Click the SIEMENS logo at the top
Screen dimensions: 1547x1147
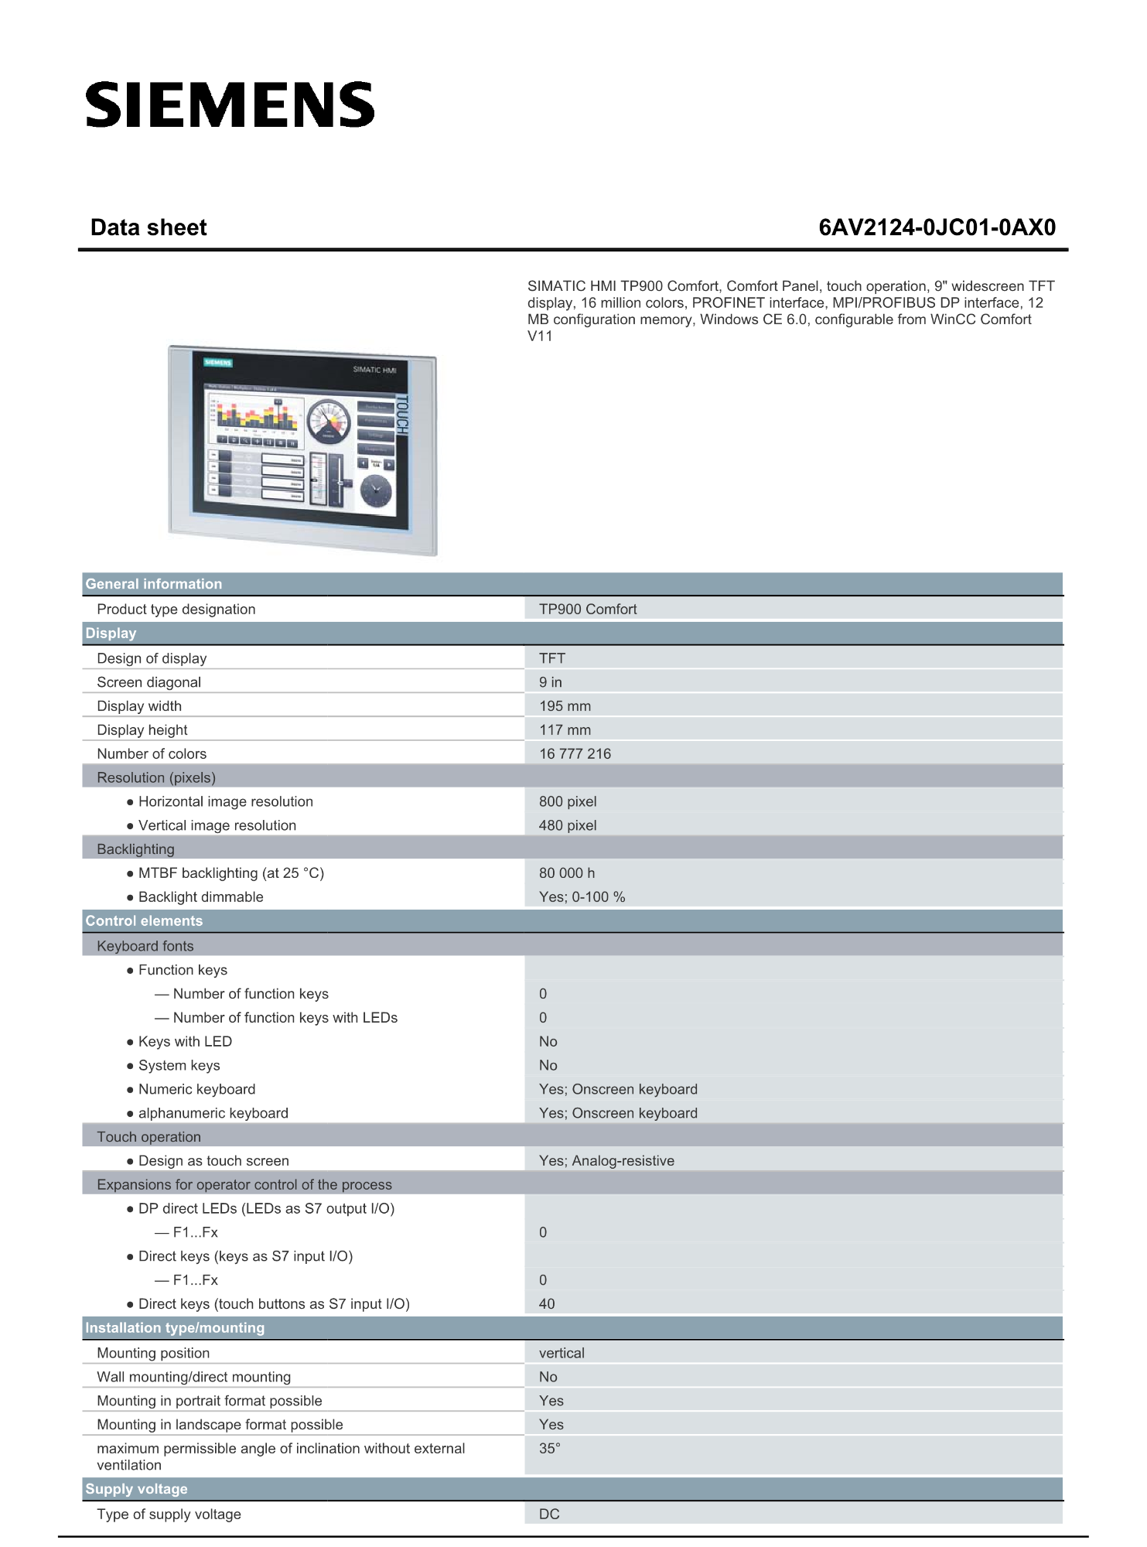coord(230,105)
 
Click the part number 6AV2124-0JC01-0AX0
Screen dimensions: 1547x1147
coord(937,227)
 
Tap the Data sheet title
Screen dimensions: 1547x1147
coord(148,227)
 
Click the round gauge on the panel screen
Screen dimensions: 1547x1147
coord(329,421)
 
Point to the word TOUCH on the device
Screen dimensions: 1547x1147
coord(401,415)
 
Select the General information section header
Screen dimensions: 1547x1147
coord(153,584)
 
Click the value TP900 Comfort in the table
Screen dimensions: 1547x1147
coord(588,610)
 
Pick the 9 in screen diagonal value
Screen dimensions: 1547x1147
coord(551,682)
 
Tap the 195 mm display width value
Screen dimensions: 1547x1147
coord(565,706)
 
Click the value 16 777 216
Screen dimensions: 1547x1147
coord(575,754)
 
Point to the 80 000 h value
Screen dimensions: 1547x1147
coord(567,873)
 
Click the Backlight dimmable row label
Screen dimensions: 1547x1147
coord(200,897)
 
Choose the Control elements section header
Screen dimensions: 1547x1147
coord(144,921)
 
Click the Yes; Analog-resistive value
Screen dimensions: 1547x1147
coord(606,1161)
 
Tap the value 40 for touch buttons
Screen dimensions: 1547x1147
coord(547,1304)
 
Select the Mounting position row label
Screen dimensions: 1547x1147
coord(153,1353)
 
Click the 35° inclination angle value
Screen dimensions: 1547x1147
coord(549,1449)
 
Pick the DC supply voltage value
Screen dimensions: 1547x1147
coord(549,1515)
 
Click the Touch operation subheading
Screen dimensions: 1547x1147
coord(148,1137)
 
